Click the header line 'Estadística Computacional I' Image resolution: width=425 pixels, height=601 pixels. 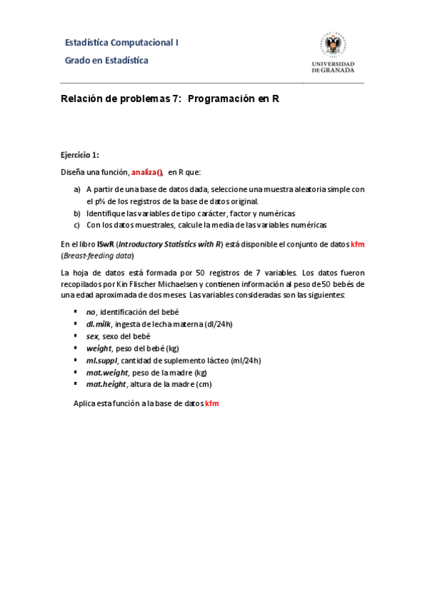point(121,43)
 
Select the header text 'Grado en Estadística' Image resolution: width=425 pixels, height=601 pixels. point(106,60)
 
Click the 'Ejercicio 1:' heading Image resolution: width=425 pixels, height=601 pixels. point(79,155)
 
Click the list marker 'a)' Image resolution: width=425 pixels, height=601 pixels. point(77,189)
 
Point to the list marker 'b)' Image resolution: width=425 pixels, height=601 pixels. point(77,213)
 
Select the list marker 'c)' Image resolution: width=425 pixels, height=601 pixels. point(77,225)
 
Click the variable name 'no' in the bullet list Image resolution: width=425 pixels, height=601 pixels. point(90,312)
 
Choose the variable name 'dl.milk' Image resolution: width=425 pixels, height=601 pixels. point(99,324)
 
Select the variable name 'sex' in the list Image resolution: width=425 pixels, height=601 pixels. point(92,336)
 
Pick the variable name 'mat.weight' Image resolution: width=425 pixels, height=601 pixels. point(106,372)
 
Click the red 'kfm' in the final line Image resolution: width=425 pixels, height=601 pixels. point(212,403)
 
